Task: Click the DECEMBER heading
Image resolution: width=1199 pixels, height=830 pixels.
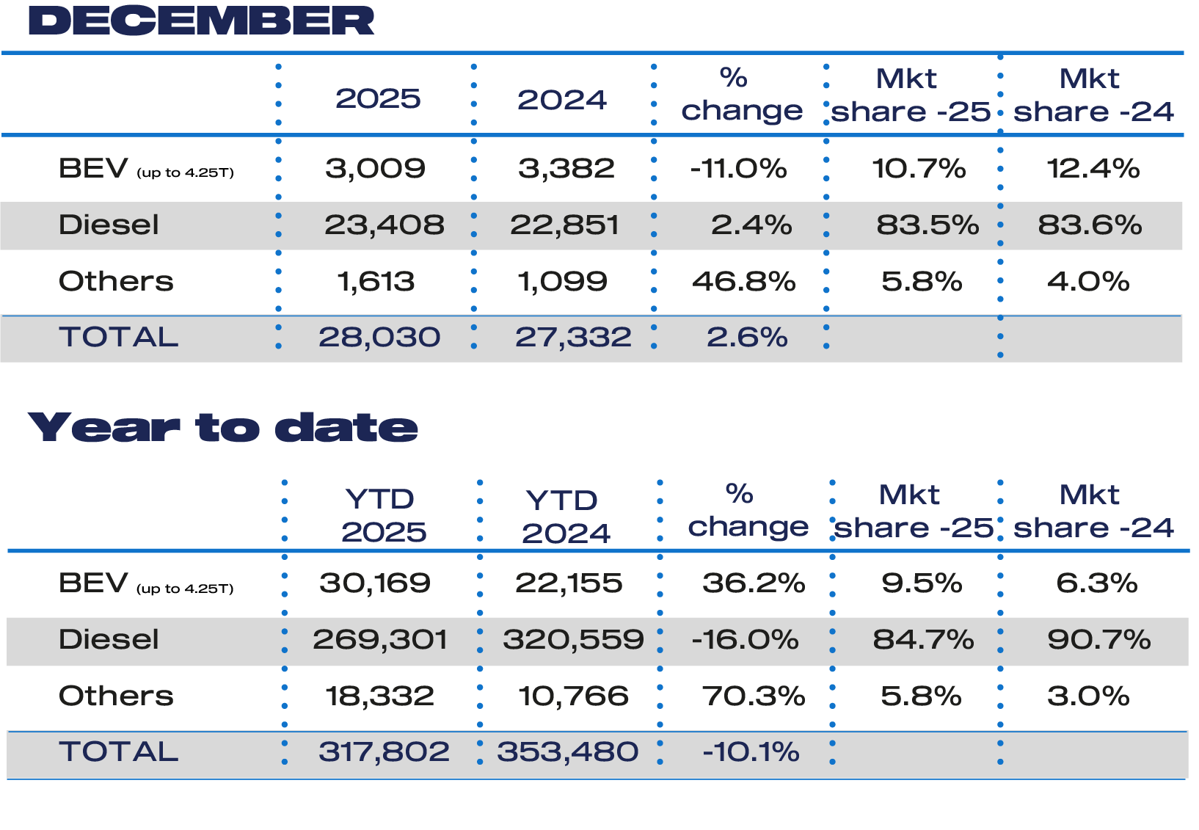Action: click(201, 21)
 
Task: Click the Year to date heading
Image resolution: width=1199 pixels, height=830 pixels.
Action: click(222, 427)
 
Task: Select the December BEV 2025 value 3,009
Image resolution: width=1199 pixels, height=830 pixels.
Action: click(375, 169)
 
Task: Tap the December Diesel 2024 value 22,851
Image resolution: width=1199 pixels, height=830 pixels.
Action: click(564, 225)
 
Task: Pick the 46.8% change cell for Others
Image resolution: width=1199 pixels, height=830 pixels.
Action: click(743, 281)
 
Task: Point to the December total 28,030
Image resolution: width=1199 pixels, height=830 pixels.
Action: click(379, 337)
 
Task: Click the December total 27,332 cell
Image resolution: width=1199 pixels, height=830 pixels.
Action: click(573, 337)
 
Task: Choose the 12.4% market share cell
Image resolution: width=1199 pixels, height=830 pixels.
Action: click(1093, 169)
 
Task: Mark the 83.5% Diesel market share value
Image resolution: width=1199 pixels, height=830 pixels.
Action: click(928, 225)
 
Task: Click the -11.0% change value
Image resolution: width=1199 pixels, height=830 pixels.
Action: click(738, 169)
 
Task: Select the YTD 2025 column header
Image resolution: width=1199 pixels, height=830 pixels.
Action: click(382, 515)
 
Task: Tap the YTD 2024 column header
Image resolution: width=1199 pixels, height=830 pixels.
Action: click(564, 516)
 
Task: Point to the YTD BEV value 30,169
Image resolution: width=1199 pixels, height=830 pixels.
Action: click(375, 583)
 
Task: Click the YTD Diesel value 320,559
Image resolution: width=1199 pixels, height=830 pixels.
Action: click(573, 639)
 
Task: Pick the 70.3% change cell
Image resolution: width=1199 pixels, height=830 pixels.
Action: click(754, 696)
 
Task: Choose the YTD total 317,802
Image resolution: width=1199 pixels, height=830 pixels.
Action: click(384, 751)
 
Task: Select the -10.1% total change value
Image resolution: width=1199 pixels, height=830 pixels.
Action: click(751, 751)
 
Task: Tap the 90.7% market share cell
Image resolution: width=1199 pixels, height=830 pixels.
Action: click(1098, 639)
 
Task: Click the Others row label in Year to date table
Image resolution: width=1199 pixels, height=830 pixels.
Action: click(116, 696)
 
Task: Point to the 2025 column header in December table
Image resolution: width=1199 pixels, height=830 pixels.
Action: click(378, 98)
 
